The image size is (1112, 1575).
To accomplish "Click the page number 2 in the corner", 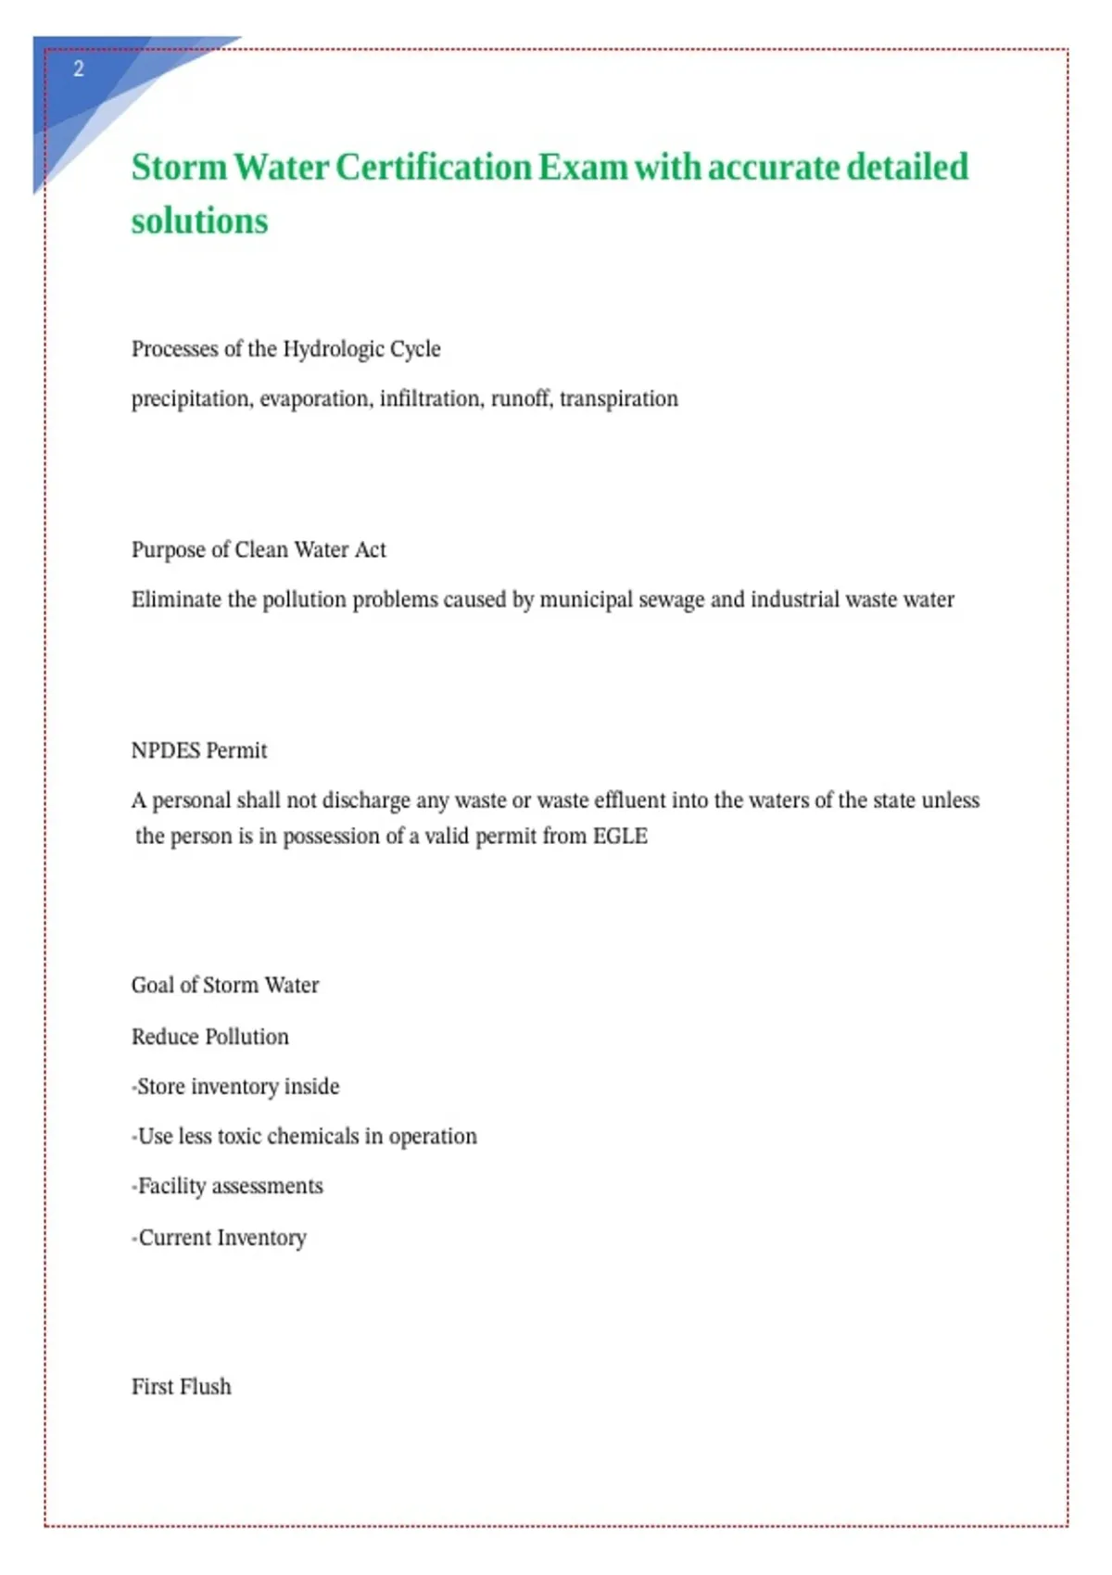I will pos(79,69).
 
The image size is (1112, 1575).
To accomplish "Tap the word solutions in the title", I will pos(199,222).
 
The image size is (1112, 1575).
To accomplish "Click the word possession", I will pos(331,837).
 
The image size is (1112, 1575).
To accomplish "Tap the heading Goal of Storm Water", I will pos(225,985).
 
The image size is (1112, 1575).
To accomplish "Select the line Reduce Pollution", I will pos(210,1037).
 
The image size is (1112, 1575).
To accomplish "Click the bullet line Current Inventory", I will pos(221,1238).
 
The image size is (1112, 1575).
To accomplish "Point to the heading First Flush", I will pos(182,1387).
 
